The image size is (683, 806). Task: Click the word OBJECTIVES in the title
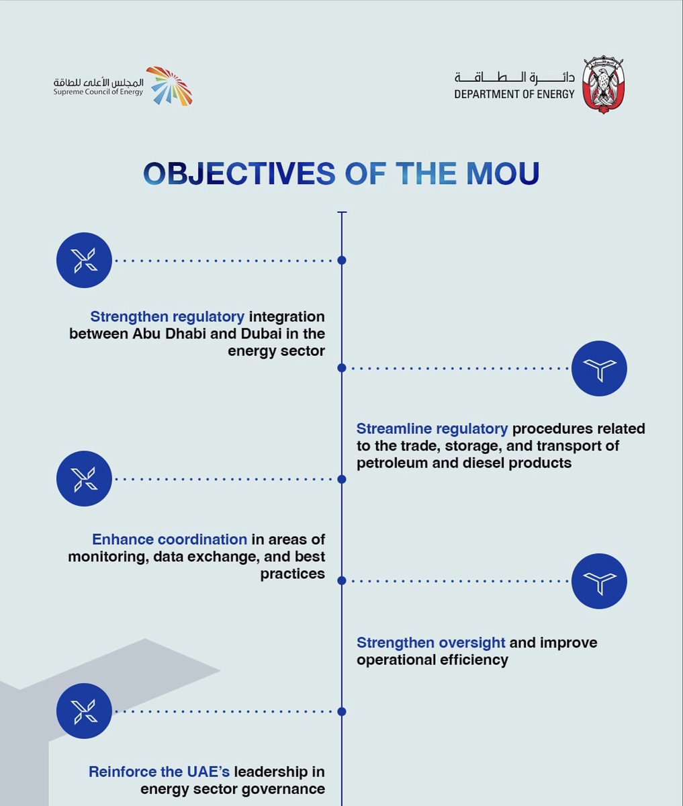coord(238,173)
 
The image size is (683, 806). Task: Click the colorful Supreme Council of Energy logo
coord(169,86)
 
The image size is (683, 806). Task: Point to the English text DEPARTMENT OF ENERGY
coord(514,94)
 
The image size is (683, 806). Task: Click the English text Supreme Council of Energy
coord(98,91)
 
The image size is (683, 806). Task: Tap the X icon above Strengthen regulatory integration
coord(84,260)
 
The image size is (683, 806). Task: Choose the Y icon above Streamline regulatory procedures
coord(599,369)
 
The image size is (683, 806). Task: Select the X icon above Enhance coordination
coord(84,478)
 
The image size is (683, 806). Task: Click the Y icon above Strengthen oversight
coord(599,581)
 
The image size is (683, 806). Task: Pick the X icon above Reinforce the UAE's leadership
coord(84,711)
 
